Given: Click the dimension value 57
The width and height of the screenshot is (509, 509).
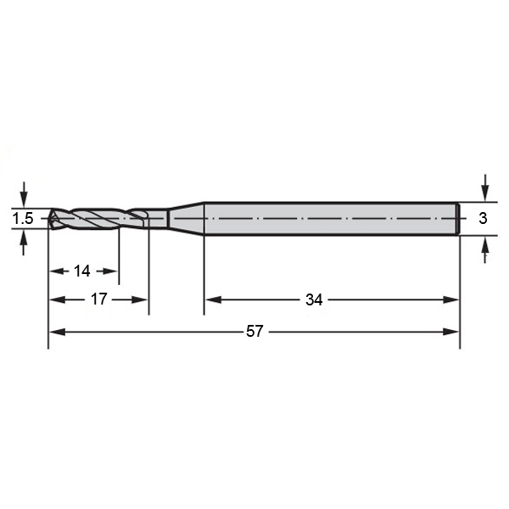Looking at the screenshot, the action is (x=255, y=331).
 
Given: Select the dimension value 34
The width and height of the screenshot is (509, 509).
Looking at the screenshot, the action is (x=314, y=299).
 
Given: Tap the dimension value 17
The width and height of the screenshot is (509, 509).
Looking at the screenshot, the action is (x=98, y=299).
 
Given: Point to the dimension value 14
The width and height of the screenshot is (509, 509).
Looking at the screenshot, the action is (x=81, y=271).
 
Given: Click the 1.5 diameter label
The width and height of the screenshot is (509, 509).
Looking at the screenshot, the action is (x=23, y=219).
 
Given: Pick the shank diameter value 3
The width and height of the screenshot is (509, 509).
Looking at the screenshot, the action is (x=483, y=218).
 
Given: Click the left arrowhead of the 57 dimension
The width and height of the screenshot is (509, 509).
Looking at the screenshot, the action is (x=57, y=332).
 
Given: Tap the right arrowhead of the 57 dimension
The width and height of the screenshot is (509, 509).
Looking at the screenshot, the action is (x=451, y=332).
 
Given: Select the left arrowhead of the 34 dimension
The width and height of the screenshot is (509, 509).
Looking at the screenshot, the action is (x=213, y=299).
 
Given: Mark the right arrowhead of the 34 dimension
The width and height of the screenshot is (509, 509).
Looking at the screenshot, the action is (x=451, y=299).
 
